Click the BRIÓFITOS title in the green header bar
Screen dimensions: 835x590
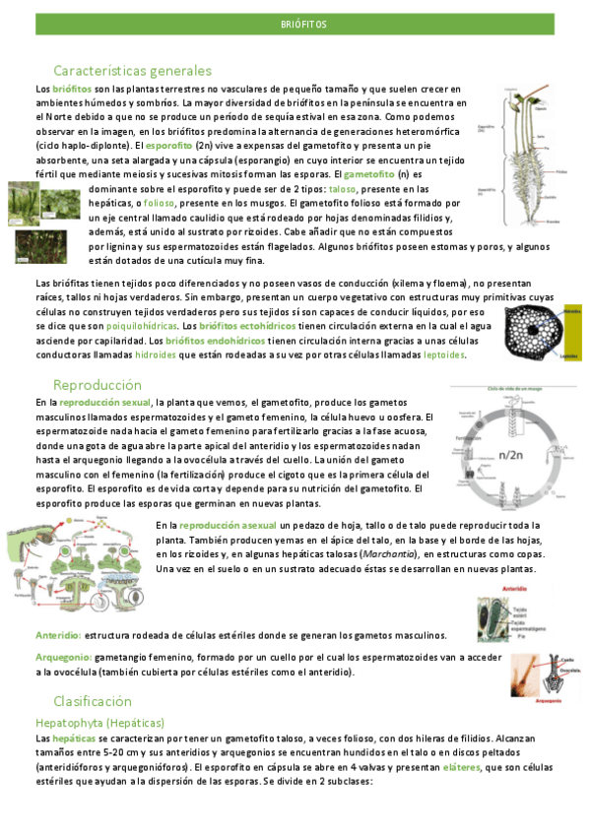(x=303, y=23)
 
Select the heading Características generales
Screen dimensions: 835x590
(x=132, y=71)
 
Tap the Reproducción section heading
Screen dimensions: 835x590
(x=98, y=384)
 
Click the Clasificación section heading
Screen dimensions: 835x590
(x=93, y=701)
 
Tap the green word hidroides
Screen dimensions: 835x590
(x=156, y=354)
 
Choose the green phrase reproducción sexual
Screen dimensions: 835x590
(x=105, y=403)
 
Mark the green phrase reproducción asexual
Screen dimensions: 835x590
(x=229, y=525)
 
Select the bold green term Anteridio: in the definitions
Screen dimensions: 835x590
(x=58, y=635)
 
